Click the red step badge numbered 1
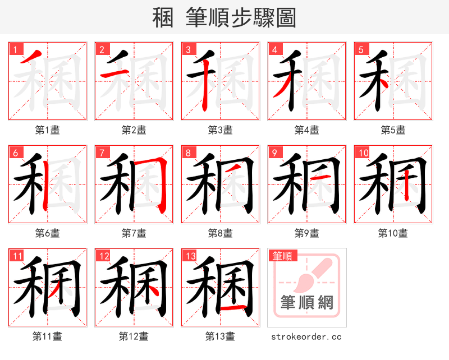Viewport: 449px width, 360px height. point(15,50)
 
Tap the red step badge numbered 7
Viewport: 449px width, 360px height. point(102,153)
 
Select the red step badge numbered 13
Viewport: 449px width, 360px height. point(189,256)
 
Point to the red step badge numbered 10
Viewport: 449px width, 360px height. point(363,153)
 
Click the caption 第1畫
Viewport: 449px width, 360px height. point(48,130)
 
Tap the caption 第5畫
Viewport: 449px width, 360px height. point(393,130)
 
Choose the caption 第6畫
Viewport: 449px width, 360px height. point(48,233)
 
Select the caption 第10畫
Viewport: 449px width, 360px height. point(393,233)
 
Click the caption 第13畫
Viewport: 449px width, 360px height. point(220,336)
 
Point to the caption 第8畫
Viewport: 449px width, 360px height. point(220,233)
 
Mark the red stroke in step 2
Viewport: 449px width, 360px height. point(110,73)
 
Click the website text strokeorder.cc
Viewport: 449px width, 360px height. point(306,337)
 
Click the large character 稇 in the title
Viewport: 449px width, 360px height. point(163,17)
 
